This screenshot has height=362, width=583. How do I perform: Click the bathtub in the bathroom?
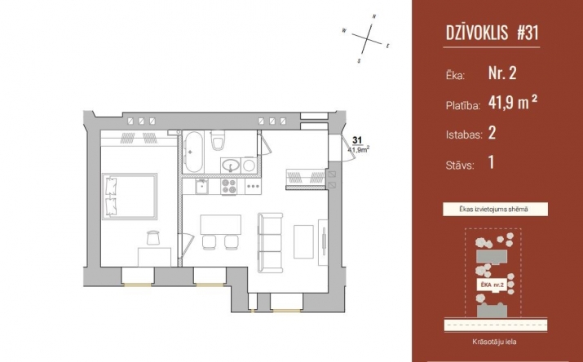click(194, 152)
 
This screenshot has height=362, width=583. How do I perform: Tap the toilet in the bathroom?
click(217, 140)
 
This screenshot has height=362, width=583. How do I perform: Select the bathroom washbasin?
click(231, 165)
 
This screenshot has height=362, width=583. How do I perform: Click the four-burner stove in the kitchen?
click(229, 187)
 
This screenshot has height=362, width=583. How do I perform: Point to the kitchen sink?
click(202, 187)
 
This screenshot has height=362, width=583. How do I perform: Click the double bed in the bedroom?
click(130, 196)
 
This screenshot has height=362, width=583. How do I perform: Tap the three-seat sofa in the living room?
click(271, 243)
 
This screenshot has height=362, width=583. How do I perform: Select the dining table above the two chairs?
click(220, 224)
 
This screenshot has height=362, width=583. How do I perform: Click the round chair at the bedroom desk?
click(153, 237)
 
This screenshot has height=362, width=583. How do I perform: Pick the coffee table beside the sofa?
click(303, 242)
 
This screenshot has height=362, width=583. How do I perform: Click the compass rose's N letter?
click(374, 16)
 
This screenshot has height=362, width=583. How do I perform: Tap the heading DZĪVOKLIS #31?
click(492, 33)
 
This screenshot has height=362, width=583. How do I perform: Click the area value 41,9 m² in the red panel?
click(513, 102)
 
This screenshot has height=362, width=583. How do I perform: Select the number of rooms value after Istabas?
click(492, 132)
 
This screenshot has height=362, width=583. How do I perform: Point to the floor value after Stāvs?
click(492, 162)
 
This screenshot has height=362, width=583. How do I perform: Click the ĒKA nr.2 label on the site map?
click(492, 285)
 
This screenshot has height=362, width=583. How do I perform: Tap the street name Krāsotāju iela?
click(494, 342)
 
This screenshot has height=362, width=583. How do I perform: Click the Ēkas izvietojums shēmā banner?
click(495, 210)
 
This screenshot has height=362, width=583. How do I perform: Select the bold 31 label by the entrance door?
click(357, 140)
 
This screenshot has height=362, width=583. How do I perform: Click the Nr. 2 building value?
click(502, 73)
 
